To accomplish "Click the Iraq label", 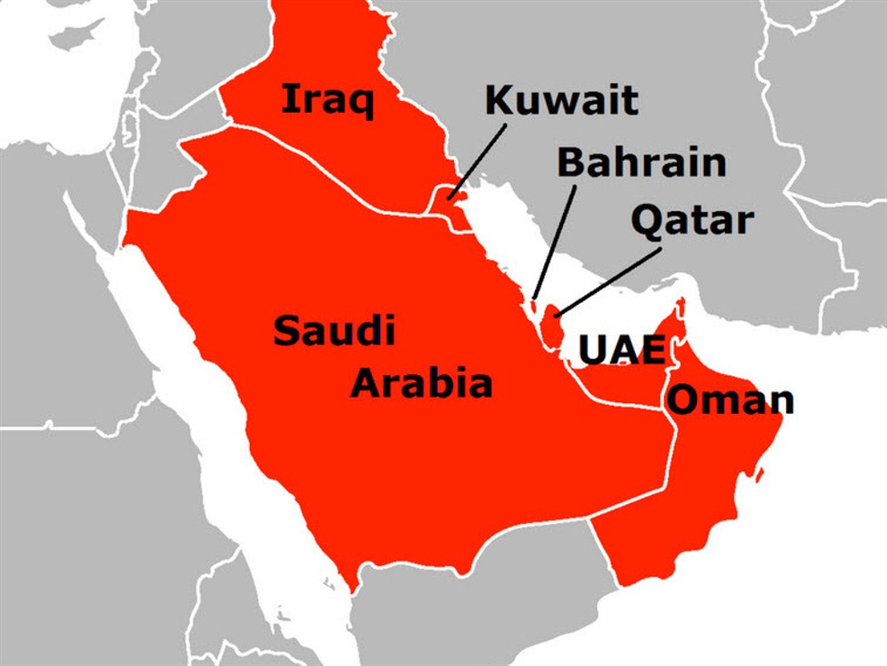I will coord(327,99).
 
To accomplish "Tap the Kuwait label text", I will coord(561,100).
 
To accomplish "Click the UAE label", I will coord(621,350).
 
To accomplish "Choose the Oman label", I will coord(730,399).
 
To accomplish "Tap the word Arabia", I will coord(421,383).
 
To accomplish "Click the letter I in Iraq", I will coord(287,99).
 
